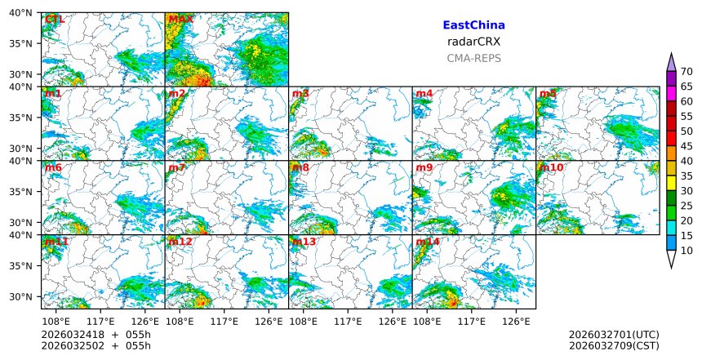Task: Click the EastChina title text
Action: point(473,25)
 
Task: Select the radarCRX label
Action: point(473,42)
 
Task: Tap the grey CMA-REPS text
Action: point(473,58)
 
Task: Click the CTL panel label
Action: point(54,20)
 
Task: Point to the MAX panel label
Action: point(180,20)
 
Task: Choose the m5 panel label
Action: point(547,94)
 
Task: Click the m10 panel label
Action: point(551,168)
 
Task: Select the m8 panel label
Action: point(300,168)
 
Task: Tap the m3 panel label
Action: point(300,94)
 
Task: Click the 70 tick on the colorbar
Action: point(686,72)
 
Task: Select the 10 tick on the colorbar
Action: point(686,251)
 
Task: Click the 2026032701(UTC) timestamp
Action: point(613,336)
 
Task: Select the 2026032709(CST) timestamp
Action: point(613,346)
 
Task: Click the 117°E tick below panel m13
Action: point(349,322)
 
